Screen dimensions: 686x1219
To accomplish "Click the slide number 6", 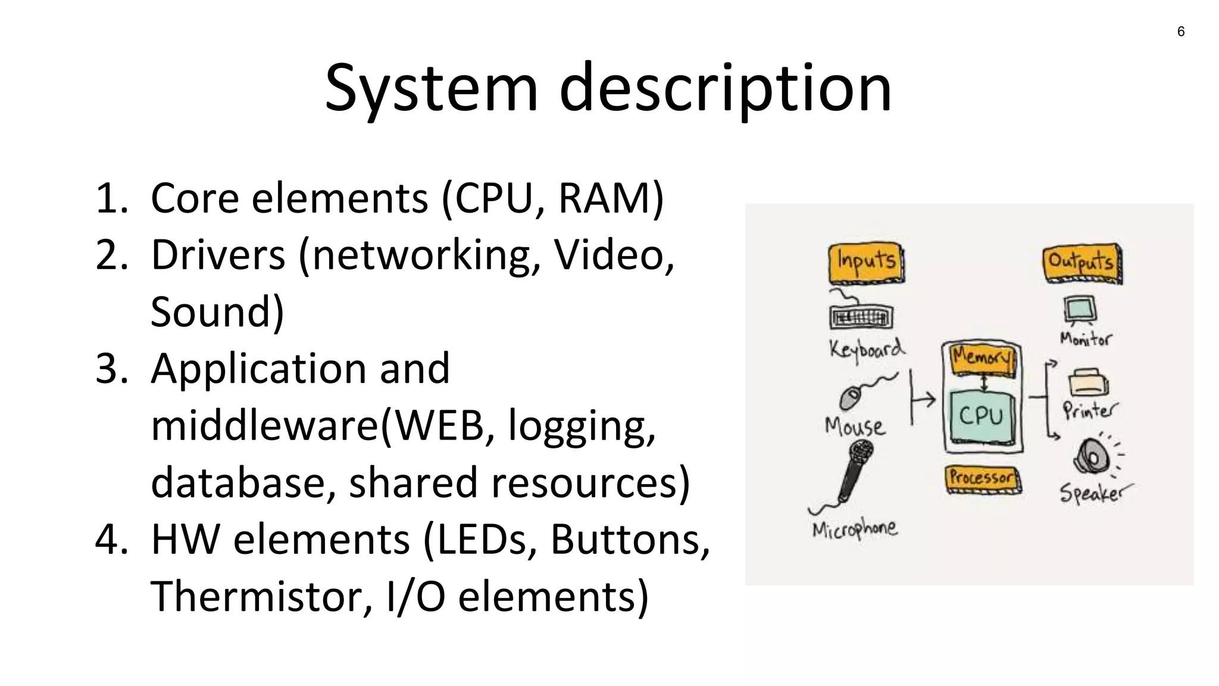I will pos(1181,32).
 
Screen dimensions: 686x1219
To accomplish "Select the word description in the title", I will pos(725,89).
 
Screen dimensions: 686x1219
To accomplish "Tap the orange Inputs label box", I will pos(866,263).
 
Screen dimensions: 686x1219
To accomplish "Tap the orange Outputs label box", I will pos(1082,263).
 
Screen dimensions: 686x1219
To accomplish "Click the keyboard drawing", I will pos(861,317).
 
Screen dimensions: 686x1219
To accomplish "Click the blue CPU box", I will pos(981,416).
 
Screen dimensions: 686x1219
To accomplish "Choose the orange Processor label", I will pos(983,478).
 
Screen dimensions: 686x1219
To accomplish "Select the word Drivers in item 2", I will pos(218,255).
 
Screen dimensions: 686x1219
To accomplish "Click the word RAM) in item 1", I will pos(611,198).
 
